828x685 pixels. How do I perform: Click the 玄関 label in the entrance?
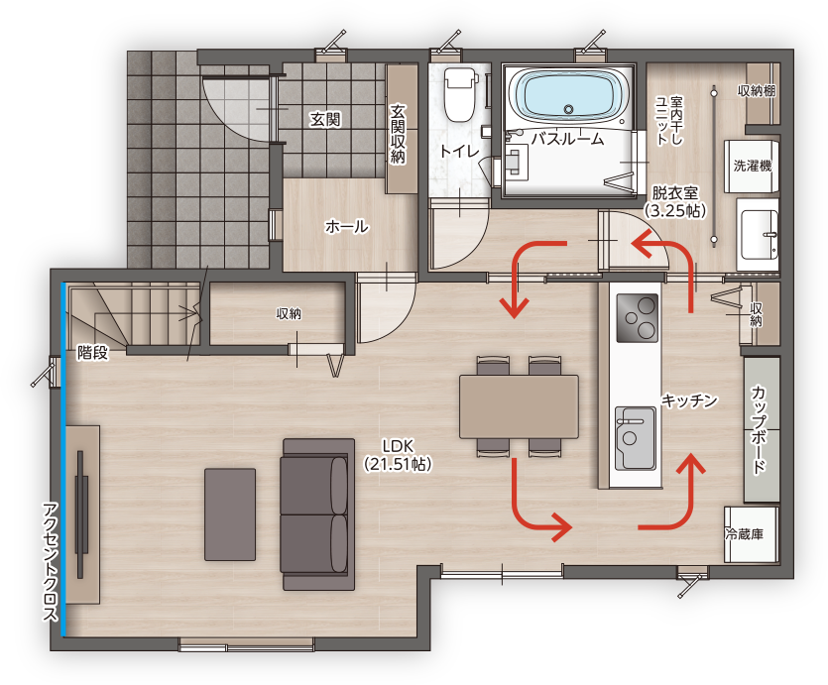tap(325, 120)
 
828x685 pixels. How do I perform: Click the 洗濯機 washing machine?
tap(752, 167)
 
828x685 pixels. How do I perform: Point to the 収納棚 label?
tap(756, 91)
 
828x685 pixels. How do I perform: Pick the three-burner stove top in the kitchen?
tap(638, 317)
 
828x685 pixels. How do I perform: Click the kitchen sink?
tap(636, 438)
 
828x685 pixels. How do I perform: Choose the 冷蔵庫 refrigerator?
tap(751, 534)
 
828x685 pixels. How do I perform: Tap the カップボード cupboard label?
tap(759, 429)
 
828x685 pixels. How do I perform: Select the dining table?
tap(519, 406)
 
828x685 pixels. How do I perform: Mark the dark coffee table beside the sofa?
tap(230, 514)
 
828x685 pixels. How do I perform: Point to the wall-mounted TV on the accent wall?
tap(80, 514)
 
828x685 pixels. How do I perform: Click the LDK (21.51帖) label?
tap(398, 455)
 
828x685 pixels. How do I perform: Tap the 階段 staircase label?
tap(92, 353)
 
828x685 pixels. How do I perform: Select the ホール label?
tap(347, 227)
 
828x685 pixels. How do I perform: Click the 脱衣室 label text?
tap(675, 192)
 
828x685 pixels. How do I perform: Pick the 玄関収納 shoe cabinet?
tap(402, 129)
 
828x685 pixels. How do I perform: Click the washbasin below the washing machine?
tap(759, 235)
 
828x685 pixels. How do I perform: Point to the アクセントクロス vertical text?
tap(51, 561)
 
